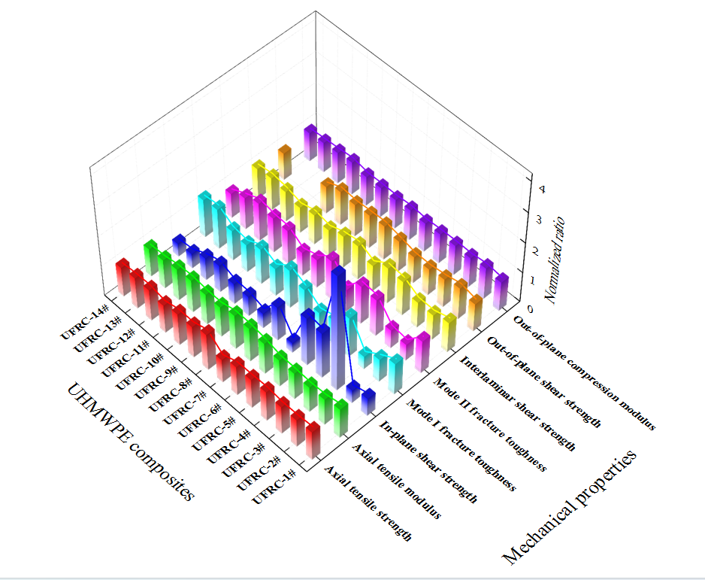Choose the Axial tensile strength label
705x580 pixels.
point(368,503)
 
